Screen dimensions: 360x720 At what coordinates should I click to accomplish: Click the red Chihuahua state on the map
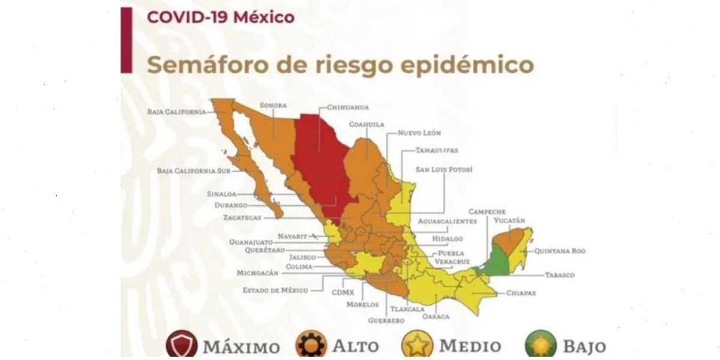coord(318,162)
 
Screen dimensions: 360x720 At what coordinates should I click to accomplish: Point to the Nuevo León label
coord(419,133)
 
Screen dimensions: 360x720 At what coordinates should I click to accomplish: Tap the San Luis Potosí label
coord(445,170)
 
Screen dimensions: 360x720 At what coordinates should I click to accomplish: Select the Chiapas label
coord(520,293)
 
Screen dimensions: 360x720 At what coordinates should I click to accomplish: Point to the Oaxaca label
coord(436,316)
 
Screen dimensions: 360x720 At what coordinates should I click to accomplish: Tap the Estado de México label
coord(275,290)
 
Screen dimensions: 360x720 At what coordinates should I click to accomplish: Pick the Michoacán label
coord(258,272)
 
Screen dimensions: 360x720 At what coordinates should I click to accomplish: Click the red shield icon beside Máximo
coord(181,345)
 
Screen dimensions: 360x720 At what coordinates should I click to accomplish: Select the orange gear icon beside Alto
coord(311,345)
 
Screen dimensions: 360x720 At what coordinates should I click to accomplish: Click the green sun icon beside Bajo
coord(541,345)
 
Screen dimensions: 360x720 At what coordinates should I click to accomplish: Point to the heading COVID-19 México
coord(221,17)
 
